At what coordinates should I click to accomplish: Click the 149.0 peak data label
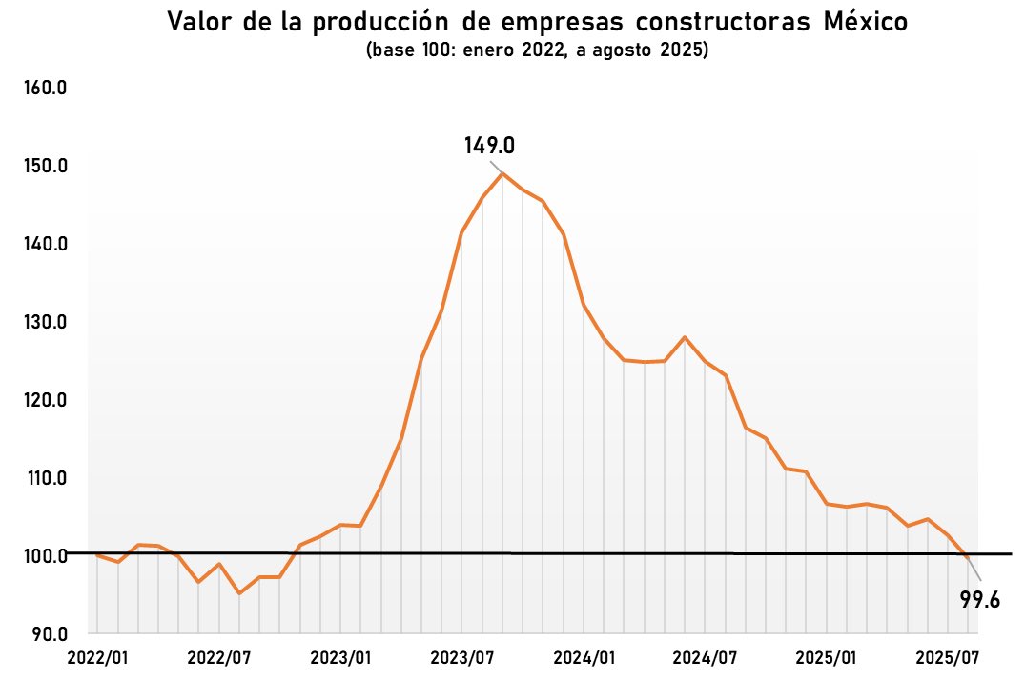pyautogui.click(x=489, y=146)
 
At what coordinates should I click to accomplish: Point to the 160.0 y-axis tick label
pyautogui.click(x=45, y=89)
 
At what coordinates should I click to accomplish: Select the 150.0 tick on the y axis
pyautogui.click(x=45, y=167)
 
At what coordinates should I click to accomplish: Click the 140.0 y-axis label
pyautogui.click(x=45, y=245)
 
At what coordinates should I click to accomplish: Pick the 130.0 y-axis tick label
pyautogui.click(x=45, y=322)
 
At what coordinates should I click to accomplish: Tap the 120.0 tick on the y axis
pyautogui.click(x=45, y=400)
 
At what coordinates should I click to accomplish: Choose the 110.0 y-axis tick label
pyautogui.click(x=45, y=478)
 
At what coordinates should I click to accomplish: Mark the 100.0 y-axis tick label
pyautogui.click(x=45, y=555)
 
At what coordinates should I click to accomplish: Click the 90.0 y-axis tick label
pyautogui.click(x=47, y=633)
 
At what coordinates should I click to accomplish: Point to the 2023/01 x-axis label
pyautogui.click(x=340, y=658)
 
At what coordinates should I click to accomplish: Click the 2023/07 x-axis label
pyautogui.click(x=461, y=658)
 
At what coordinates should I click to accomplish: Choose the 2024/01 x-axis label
pyautogui.click(x=584, y=658)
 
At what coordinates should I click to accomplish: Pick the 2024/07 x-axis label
pyautogui.click(x=705, y=658)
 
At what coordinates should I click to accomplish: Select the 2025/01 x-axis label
pyautogui.click(x=827, y=658)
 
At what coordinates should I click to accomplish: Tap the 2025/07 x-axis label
pyautogui.click(x=948, y=658)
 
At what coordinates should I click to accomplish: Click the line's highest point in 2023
pyautogui.click(x=502, y=173)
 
